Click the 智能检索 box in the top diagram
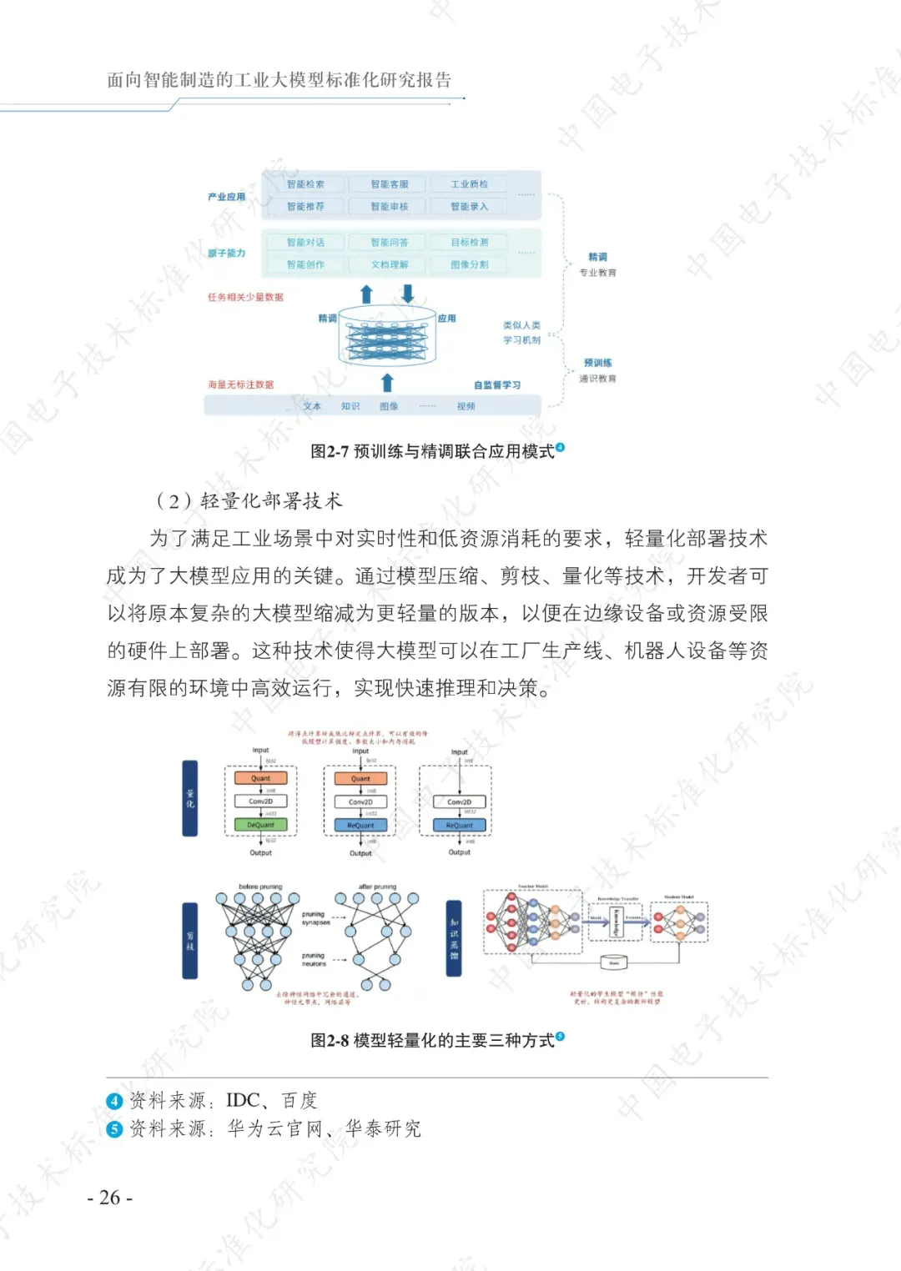(x=305, y=184)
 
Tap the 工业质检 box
(x=469, y=184)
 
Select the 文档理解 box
(x=389, y=264)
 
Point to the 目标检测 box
(x=469, y=242)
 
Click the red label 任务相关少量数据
(x=245, y=297)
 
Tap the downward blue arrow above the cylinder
(x=408, y=294)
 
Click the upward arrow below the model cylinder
(x=387, y=383)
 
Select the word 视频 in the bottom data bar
(x=466, y=406)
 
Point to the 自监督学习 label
(x=496, y=384)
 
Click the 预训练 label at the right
(x=597, y=363)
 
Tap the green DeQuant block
(x=260, y=825)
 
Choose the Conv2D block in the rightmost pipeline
(x=459, y=802)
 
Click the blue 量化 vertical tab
(x=190, y=798)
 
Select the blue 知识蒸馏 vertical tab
(x=454, y=938)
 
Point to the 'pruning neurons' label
(x=314, y=959)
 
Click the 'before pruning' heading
(x=260, y=887)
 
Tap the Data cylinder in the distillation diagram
(x=614, y=963)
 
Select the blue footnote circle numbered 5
(x=115, y=1129)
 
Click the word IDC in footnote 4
(x=243, y=1101)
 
